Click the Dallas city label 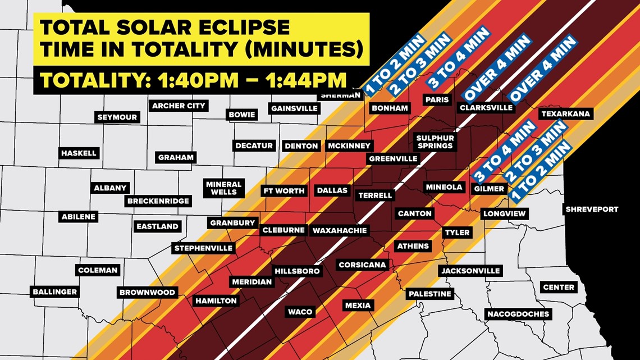pos(332,190)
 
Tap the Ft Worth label pos(284,191)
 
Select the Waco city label pos(300,312)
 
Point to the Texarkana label pos(565,114)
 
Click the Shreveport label pos(592,209)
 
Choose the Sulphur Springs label pos(435,142)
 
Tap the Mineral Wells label pos(223,188)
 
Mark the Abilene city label pos(79,216)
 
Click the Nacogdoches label pos(518,314)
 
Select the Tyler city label pos(457,233)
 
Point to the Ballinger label pos(54,292)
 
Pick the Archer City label pos(179,106)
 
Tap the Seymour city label pos(117,117)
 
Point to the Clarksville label pos(486,107)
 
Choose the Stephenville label pos(203,248)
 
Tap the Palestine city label pos(429,294)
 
